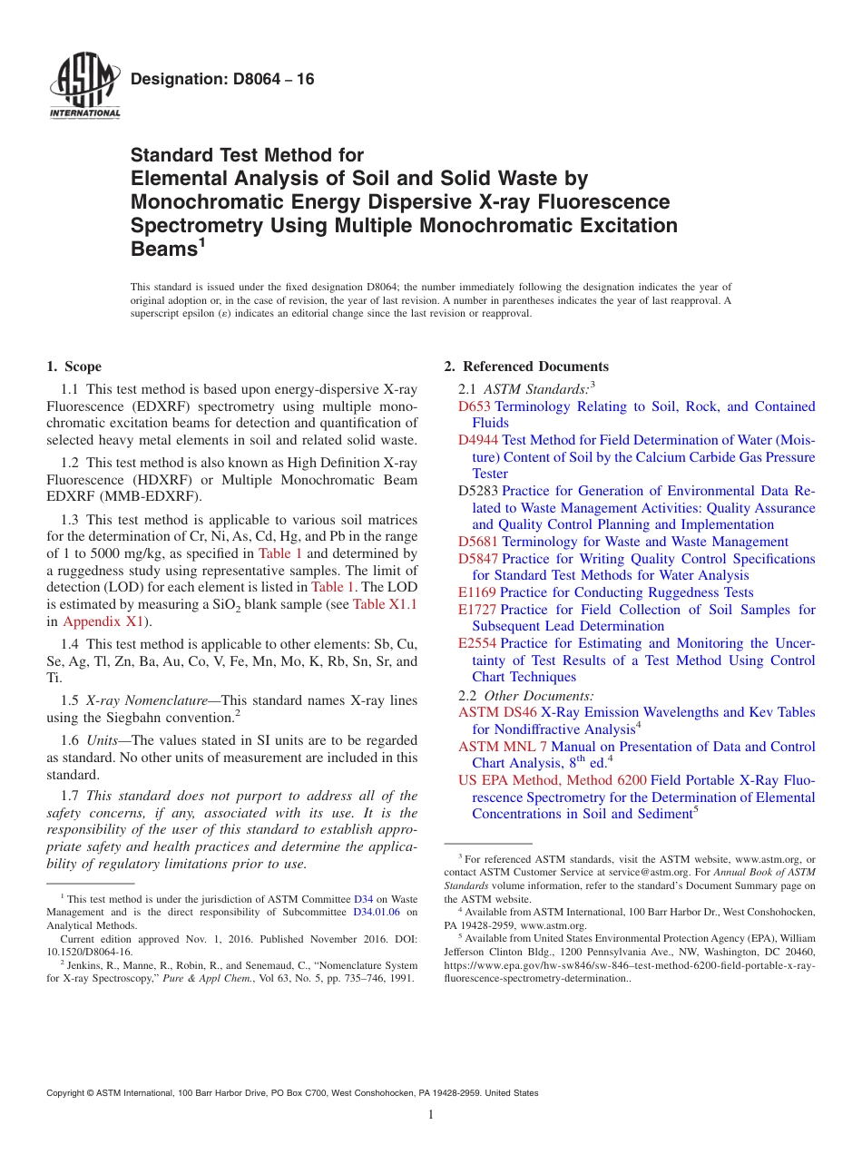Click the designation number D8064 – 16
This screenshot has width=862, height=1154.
[222, 80]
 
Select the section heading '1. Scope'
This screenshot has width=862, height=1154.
[73, 367]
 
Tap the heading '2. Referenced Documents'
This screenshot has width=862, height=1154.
[526, 367]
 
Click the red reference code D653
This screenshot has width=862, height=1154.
[475, 406]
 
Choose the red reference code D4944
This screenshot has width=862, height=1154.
[478, 440]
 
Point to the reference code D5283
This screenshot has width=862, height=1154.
[478, 491]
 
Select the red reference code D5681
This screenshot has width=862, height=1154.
[478, 542]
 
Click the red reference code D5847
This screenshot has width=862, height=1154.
[478, 559]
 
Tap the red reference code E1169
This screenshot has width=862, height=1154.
[477, 592]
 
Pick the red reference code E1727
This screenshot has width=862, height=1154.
[477, 610]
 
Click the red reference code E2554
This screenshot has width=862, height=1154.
[477, 643]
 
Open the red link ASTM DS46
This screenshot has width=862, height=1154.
[497, 712]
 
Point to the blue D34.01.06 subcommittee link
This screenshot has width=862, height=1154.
[376, 912]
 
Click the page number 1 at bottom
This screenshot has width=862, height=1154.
[431, 1114]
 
